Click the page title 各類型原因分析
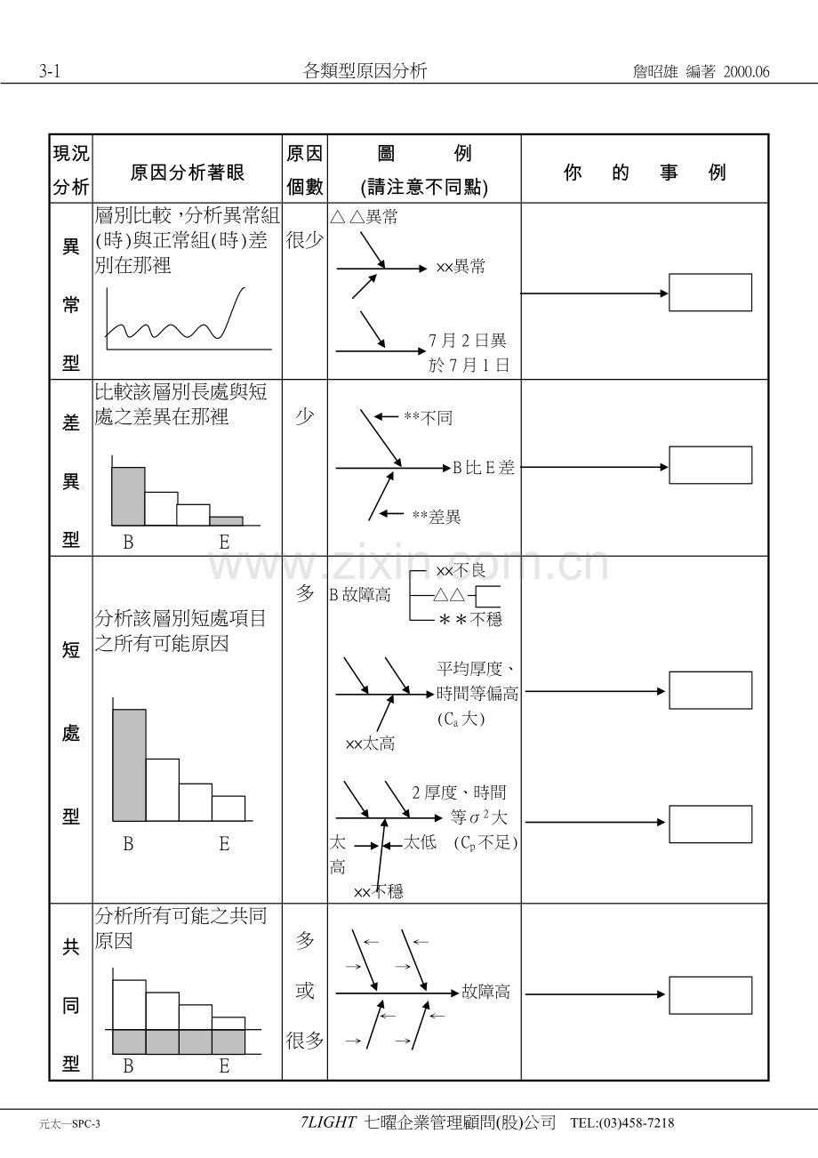[x=365, y=72]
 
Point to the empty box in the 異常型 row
[x=710, y=293]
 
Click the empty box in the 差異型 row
[x=710, y=465]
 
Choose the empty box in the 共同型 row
[x=710, y=995]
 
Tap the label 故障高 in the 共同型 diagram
[x=485, y=992]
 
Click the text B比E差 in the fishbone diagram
[x=484, y=468]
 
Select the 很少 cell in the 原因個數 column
[x=304, y=240]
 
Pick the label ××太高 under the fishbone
[x=370, y=744]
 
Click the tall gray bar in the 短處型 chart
[x=130, y=765]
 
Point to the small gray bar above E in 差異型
[x=226, y=521]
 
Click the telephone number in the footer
[x=622, y=1123]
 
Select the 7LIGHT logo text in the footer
[x=329, y=1123]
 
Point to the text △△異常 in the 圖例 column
[x=364, y=217]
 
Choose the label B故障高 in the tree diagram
[x=360, y=595]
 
